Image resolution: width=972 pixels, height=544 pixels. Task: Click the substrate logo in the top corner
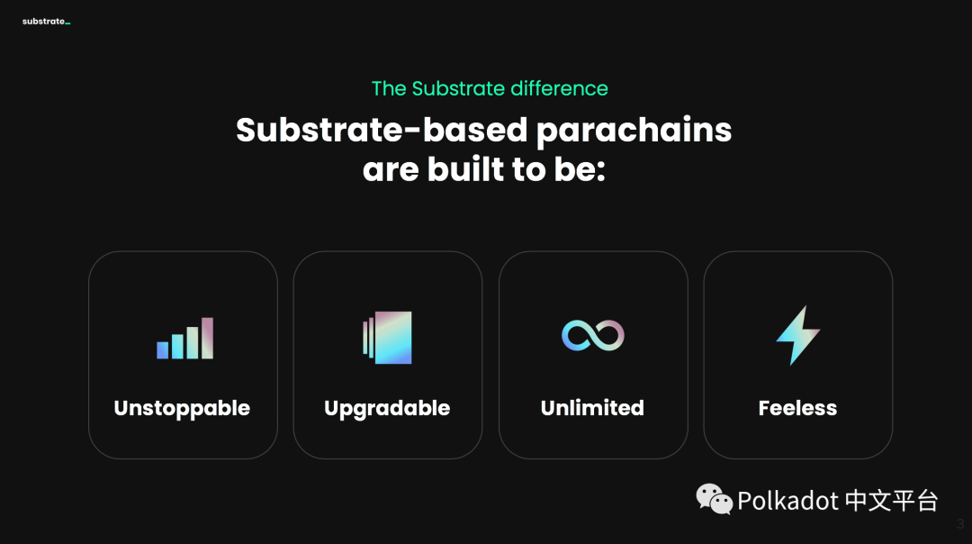[x=47, y=21]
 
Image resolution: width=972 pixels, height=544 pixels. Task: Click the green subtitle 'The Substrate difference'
[x=490, y=88]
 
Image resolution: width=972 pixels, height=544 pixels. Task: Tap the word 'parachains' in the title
[x=634, y=131]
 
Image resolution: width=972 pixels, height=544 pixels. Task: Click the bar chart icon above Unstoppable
[x=184, y=338]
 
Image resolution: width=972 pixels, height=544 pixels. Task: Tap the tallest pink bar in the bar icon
[x=207, y=338]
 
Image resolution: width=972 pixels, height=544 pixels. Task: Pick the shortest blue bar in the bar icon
[x=162, y=349]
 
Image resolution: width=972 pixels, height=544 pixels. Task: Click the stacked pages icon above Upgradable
[x=387, y=338]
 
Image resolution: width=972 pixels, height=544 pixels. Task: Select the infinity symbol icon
[x=592, y=336]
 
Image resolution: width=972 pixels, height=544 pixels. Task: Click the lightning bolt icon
[x=797, y=335]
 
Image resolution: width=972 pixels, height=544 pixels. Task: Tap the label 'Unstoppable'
[x=182, y=409]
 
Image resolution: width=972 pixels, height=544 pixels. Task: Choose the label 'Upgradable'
[x=387, y=409]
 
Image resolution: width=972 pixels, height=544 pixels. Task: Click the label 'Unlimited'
[x=592, y=407]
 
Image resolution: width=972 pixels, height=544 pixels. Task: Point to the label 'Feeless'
[x=797, y=407]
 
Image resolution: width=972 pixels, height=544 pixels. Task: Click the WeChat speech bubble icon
[x=714, y=499]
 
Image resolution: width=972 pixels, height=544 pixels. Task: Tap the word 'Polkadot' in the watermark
[x=787, y=501]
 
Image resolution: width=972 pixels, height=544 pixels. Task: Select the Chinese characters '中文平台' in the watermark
[x=891, y=501]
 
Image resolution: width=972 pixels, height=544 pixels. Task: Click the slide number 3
[x=960, y=524]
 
